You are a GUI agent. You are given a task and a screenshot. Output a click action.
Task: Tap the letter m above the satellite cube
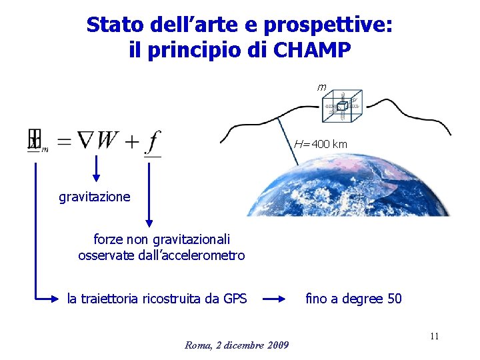322,87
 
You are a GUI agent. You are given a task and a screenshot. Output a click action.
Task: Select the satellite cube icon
341,106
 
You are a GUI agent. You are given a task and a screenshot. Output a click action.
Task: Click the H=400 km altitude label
321,144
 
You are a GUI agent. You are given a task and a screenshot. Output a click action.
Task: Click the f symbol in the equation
153,141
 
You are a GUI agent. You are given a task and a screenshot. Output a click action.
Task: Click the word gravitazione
95,197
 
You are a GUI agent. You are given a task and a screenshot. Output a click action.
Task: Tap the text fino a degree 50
353,299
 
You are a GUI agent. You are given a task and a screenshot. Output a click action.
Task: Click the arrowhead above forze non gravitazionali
149,223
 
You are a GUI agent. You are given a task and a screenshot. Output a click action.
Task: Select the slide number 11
434,336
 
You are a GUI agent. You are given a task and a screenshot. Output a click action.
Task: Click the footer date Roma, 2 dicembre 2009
237,345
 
